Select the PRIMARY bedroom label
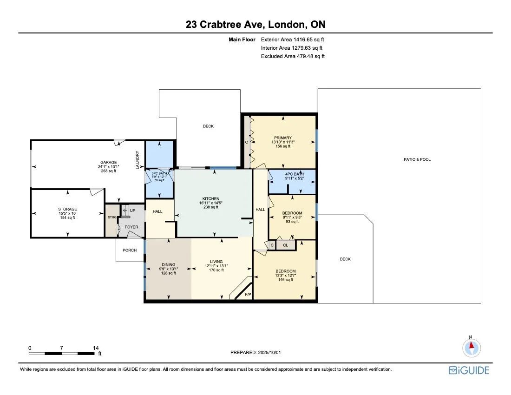point(282,138)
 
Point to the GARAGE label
point(109,162)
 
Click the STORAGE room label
point(67,209)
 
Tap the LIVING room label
point(216,262)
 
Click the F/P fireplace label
point(248,295)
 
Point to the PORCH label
point(130,250)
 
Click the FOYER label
point(131,227)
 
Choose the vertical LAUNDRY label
point(138,160)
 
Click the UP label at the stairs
point(132,211)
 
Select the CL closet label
point(285,245)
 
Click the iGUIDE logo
point(469,370)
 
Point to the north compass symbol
point(471,347)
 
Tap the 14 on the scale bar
point(96,348)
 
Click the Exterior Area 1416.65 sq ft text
point(292,40)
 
